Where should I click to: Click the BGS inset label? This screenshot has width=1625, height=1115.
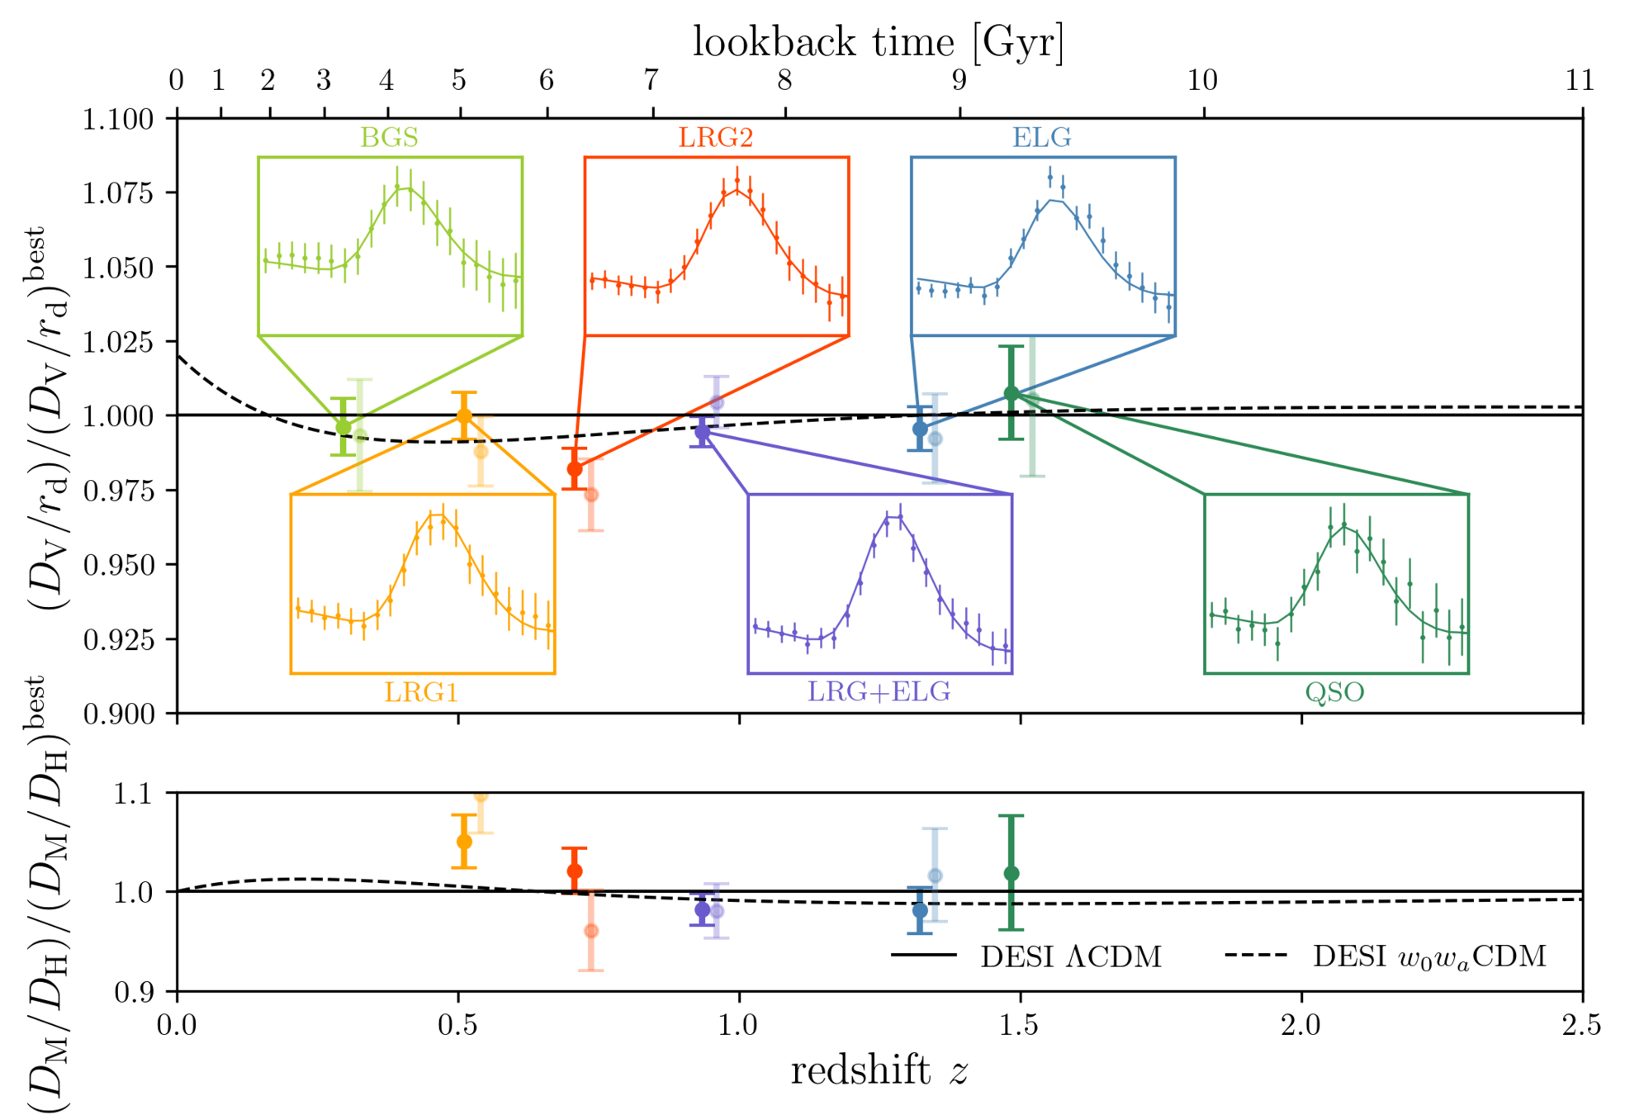[389, 137]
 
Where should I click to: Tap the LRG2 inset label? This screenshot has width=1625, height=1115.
[716, 137]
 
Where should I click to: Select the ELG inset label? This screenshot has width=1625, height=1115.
[1042, 137]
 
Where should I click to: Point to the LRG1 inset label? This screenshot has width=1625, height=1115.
[421, 691]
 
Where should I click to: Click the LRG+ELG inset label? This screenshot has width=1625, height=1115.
[879, 691]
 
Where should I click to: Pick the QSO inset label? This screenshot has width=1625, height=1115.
[1334, 691]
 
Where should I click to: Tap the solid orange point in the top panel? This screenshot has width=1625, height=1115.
[464, 415]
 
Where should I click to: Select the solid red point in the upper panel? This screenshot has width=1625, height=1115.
[575, 469]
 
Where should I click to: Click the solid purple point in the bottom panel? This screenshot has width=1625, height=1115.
[702, 910]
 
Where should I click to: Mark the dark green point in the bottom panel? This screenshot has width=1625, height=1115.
[1011, 874]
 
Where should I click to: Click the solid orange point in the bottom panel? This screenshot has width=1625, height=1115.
[464, 842]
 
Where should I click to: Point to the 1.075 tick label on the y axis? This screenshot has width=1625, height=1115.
[118, 193]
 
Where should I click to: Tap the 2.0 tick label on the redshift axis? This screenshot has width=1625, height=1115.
[1301, 1025]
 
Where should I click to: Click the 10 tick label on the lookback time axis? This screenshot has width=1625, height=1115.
[1202, 81]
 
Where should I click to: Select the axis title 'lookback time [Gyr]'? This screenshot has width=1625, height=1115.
[879, 41]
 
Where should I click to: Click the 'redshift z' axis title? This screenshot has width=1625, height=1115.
[879, 1070]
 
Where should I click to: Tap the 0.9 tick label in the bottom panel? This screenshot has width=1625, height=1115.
[134, 992]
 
